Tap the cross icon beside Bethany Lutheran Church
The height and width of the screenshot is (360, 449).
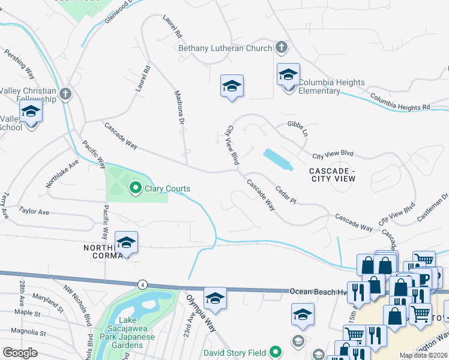(281, 47)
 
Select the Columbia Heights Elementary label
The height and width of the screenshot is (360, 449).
(331, 86)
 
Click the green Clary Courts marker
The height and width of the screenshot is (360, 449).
(135, 188)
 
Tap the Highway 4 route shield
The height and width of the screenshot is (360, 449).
(142, 283)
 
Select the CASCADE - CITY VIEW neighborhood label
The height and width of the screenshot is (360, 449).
(333, 175)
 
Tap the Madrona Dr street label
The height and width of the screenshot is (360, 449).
(178, 107)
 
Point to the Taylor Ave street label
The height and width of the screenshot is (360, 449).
(34, 211)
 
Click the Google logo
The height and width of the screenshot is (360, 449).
(20, 353)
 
